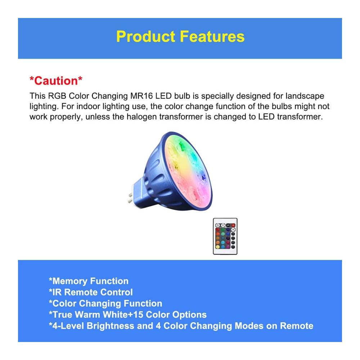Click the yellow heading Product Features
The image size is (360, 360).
pos(180,37)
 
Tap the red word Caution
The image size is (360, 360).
pos(56,81)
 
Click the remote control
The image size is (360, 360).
pos(225,236)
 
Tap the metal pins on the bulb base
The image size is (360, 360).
pos(130,198)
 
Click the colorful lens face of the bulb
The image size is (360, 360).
pos(187,171)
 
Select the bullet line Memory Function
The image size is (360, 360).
pos(89,281)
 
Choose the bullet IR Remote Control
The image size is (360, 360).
pos(91,292)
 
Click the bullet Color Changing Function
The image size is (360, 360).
pos(105,303)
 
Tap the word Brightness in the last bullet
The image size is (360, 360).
pos(110,326)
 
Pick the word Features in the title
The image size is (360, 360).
pos(212,37)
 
